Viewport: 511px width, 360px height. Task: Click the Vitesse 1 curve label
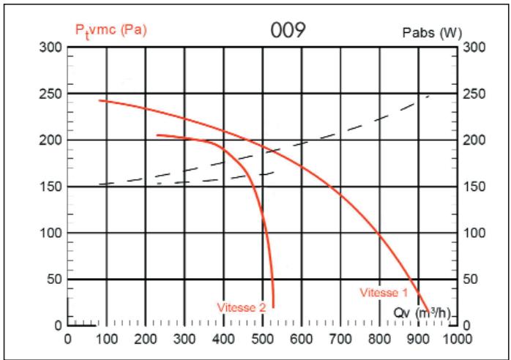coord(384,293)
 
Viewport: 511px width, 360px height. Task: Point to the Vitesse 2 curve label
coord(241,307)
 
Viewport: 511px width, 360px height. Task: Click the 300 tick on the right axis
coord(474,48)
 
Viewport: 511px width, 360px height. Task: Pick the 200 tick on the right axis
coord(474,140)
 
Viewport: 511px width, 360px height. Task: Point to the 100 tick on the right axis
coord(474,233)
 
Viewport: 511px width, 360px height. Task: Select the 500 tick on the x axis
coord(263,339)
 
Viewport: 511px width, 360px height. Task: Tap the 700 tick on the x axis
coord(340,339)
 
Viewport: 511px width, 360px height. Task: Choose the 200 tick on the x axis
coord(146,339)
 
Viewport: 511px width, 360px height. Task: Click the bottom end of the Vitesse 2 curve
coord(273,307)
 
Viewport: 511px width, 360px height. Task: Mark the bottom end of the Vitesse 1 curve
coord(428,312)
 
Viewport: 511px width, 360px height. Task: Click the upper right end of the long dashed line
coord(430,95)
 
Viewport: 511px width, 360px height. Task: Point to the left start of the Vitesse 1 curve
coord(99,100)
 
